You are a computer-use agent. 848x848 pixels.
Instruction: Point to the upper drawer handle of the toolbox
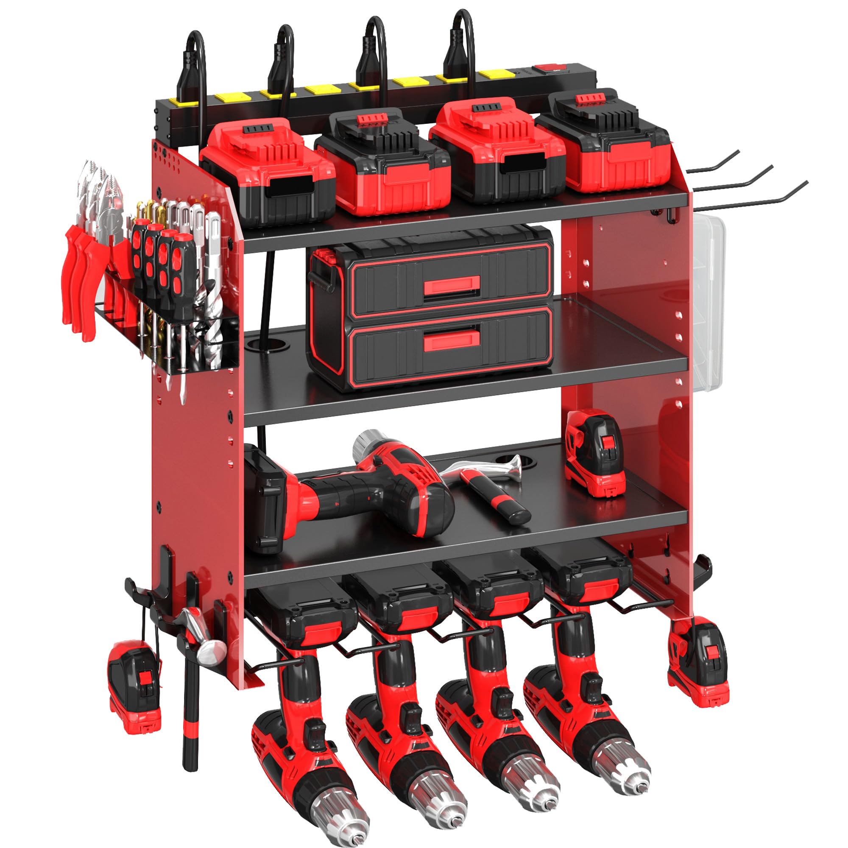tap(446, 287)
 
